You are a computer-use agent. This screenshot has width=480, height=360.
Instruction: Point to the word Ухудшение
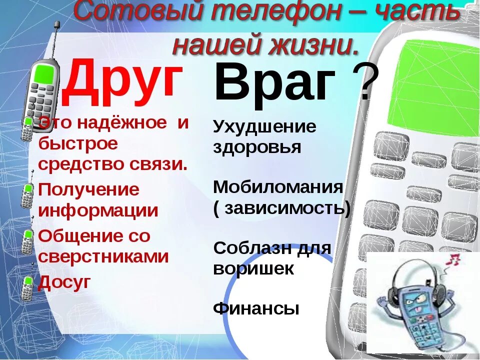tap(264, 127)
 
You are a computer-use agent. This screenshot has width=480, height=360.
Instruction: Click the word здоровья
tap(257, 148)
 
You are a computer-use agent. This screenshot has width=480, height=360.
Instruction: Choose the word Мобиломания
tap(278, 187)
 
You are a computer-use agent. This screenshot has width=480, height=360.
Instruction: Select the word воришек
tap(253, 269)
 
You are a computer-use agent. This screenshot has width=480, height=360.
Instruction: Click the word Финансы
tap(256, 308)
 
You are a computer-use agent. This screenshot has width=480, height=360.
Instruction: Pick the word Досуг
tap(65, 282)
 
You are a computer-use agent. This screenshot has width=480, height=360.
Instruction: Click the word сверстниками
tap(103, 257)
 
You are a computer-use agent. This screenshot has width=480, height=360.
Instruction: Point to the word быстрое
tap(78, 144)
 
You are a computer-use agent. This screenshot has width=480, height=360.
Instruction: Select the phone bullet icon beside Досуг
tap(27, 287)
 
